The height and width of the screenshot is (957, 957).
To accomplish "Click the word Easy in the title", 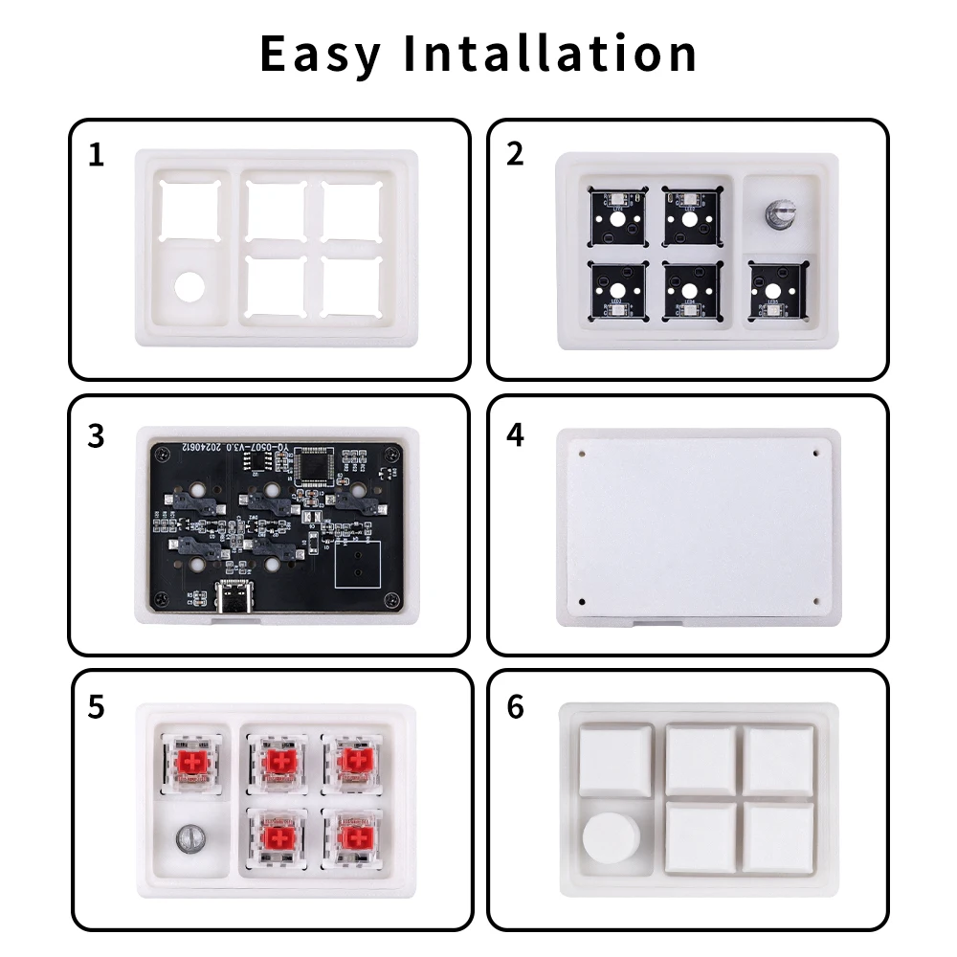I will coord(321,54).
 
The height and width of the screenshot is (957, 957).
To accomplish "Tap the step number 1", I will coord(95,155).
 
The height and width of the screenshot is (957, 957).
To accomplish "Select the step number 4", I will coord(516,434).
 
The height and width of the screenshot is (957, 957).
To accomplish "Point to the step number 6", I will coord(516,708).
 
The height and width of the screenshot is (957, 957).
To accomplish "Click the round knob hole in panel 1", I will coord(190,287).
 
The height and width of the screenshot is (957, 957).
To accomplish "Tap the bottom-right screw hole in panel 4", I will coord(815,601).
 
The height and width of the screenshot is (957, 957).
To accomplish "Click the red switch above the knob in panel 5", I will coord(190,763).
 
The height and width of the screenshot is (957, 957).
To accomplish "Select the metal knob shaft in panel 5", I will coord(190,839).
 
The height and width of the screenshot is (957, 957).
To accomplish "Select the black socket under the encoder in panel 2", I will coord(777,291).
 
